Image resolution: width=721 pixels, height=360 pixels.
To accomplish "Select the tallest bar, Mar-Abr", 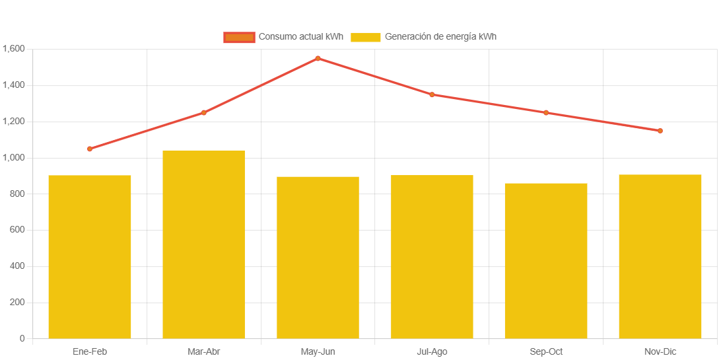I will point(203,244).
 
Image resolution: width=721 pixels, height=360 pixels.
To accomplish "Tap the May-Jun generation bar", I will point(318,257).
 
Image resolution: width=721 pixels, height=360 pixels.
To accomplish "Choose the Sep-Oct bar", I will point(546,260).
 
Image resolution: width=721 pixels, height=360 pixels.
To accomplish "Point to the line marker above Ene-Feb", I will point(90,149).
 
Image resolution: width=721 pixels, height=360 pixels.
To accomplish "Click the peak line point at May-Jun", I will point(318,58).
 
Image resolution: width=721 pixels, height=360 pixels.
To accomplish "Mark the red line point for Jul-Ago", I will point(432,94).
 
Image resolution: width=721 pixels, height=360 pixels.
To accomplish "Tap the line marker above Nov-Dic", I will point(660,131).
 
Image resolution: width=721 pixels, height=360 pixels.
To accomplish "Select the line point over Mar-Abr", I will point(203,113).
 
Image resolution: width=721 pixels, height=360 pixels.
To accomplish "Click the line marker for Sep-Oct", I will point(546,113).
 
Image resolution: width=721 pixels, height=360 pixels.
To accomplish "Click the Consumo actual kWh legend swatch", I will point(239,37).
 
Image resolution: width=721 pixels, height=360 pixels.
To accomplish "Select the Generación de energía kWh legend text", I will point(440,37).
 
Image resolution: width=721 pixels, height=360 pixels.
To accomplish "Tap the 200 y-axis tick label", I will point(17,302).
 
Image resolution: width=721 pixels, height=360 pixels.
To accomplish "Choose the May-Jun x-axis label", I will point(318,351).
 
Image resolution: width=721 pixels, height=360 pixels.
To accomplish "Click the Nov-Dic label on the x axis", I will point(660,351).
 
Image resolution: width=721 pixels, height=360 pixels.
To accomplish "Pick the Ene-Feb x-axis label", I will point(90,351).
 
